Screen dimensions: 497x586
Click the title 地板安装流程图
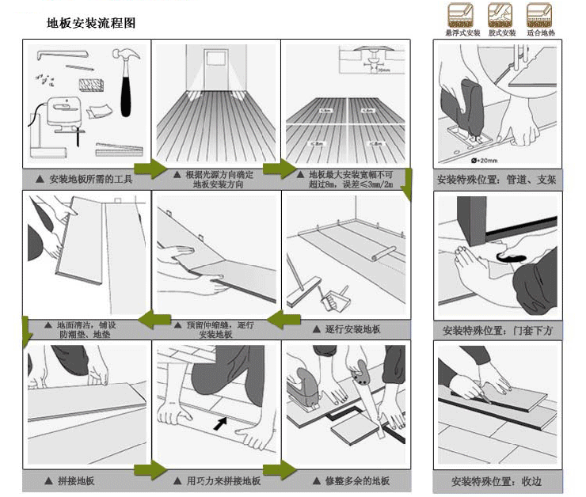click(x=91, y=23)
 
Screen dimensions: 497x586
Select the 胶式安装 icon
click(x=500, y=17)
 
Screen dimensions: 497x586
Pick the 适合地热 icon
click(x=539, y=17)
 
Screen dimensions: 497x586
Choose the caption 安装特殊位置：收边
click(x=497, y=481)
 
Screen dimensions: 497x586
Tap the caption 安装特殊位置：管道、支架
click(x=497, y=180)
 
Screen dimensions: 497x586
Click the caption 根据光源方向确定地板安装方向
click(x=218, y=179)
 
